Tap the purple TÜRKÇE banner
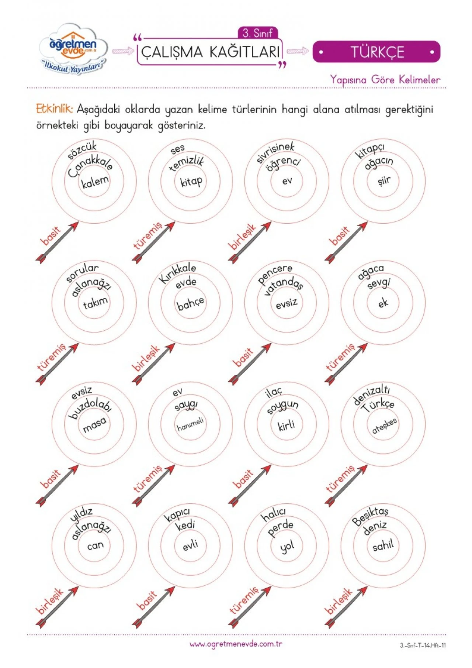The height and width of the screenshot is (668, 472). pyautogui.click(x=376, y=52)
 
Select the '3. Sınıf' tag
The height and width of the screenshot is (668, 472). pyautogui.click(x=257, y=33)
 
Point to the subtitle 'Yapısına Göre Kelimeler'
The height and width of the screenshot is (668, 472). pyautogui.click(x=385, y=79)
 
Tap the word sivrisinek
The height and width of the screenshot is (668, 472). pyautogui.click(x=275, y=151)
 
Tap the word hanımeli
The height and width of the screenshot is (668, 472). pyautogui.click(x=190, y=424)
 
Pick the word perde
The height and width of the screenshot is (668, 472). pyautogui.click(x=281, y=528)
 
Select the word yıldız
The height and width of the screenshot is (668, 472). pyautogui.click(x=81, y=514)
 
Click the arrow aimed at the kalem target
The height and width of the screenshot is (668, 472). pyautogui.click(x=57, y=242)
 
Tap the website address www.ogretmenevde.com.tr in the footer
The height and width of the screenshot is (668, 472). pyautogui.click(x=236, y=644)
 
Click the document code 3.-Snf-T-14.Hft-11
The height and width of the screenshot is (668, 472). pyautogui.click(x=423, y=645)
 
